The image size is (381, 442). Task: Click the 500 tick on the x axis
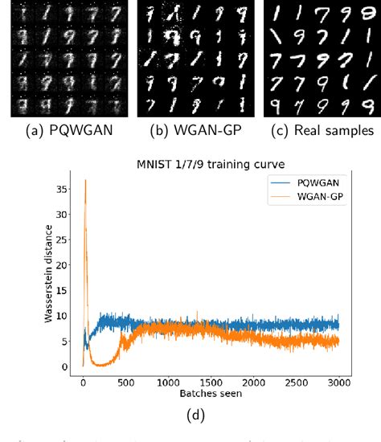(125, 383)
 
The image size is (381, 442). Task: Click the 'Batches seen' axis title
(211, 394)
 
